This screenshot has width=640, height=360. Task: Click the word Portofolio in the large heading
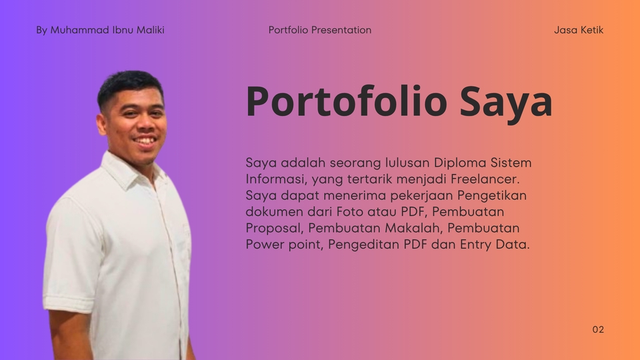click(x=347, y=101)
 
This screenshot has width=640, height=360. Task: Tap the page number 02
click(x=598, y=329)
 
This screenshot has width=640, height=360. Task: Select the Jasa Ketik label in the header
click(x=579, y=30)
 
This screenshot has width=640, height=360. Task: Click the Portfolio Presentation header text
click(x=320, y=30)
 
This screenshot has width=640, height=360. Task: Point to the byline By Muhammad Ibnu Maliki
click(x=100, y=30)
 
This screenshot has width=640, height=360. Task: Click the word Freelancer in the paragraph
click(x=485, y=179)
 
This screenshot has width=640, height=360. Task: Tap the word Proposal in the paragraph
click(x=275, y=228)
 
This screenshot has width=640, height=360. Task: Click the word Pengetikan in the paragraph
click(x=492, y=195)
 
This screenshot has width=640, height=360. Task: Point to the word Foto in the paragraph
click(x=350, y=211)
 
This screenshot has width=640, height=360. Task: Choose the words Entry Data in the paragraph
click(x=495, y=245)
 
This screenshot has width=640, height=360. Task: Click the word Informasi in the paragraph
click(x=276, y=179)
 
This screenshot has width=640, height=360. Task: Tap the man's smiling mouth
click(x=146, y=141)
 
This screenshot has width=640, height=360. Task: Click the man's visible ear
click(x=102, y=125)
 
